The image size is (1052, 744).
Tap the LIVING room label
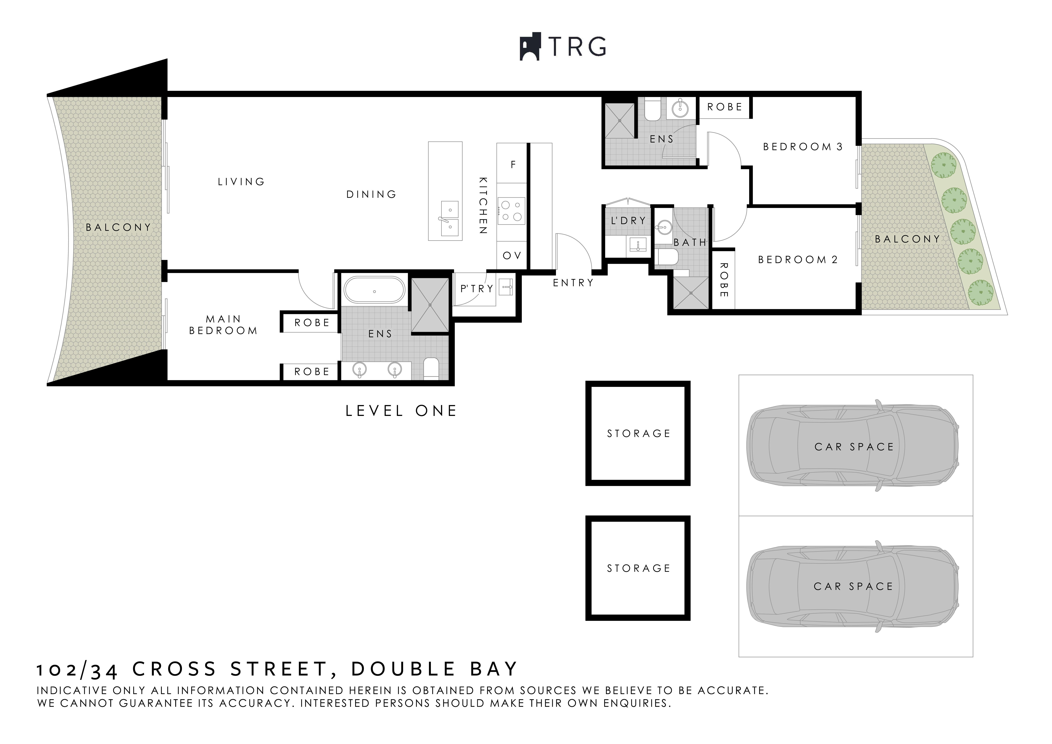coord(241,182)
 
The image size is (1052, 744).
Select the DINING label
coord(371,194)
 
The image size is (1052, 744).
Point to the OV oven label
coord(512,256)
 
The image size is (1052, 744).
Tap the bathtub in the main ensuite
coord(374,291)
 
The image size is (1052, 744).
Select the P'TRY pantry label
coord(477,289)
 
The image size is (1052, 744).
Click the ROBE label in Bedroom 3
coord(724,107)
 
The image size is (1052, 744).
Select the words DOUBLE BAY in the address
coord(434,669)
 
